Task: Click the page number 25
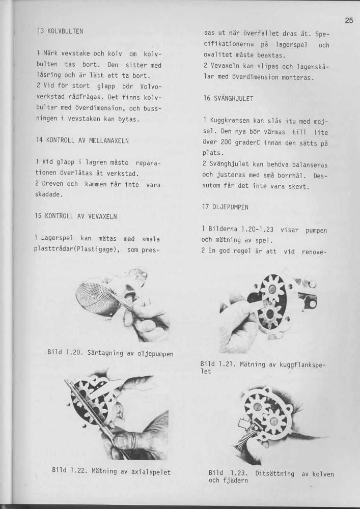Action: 348,21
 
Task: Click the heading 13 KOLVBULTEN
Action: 60,31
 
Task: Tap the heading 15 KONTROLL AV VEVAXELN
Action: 76,216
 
